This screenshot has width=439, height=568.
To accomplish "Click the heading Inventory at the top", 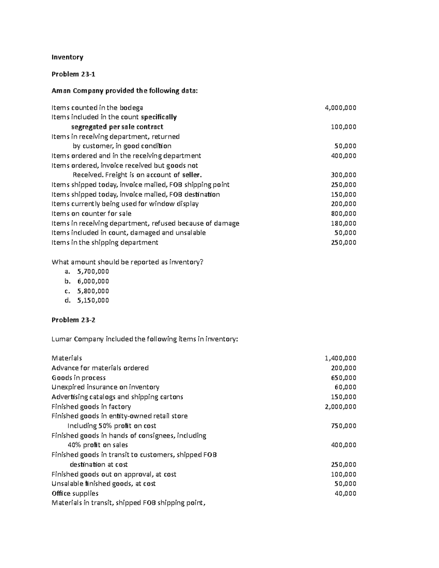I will point(67,57).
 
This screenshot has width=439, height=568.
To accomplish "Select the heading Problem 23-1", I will point(73,74).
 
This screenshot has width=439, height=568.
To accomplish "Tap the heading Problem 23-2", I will point(73,320).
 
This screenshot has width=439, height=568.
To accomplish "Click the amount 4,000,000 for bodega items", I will point(340,108).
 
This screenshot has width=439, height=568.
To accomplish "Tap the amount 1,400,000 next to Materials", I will point(340,358).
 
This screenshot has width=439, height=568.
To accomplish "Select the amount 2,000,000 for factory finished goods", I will point(340,407).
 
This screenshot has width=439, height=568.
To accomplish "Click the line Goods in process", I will point(79,378).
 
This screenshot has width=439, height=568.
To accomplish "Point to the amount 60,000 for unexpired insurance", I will point(345,387).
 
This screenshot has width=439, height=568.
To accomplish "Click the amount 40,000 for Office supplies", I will point(345,493).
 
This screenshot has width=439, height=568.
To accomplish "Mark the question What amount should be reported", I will point(127,262).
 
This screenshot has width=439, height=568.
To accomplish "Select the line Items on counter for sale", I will point(91,214).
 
